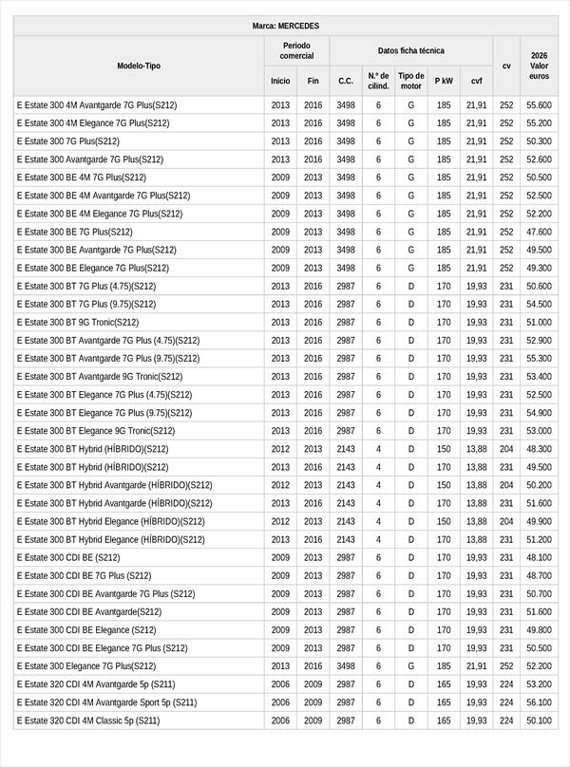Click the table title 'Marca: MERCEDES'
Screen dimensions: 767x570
pos(285,26)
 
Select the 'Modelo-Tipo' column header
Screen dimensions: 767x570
pos(139,65)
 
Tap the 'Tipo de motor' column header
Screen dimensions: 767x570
pos(410,81)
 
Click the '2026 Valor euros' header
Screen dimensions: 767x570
pos(539,65)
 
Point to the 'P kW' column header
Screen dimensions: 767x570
pos(444,81)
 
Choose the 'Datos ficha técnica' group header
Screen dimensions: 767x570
pos(410,50)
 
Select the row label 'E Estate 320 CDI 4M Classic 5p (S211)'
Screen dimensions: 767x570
pos(88,720)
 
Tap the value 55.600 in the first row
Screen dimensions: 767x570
pos(539,104)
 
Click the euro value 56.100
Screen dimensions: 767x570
pos(539,702)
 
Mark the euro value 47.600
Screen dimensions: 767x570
pos(539,232)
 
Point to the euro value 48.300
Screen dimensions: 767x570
pos(539,449)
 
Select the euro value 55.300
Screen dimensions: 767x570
pos(539,358)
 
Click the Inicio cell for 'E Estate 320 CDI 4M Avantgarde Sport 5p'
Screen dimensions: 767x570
pos(280,702)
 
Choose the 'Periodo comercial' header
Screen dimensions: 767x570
pos(296,50)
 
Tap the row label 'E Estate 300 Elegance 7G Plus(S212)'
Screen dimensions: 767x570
pos(86,666)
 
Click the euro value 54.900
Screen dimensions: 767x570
pos(539,413)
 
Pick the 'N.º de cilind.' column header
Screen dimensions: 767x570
pos(378,81)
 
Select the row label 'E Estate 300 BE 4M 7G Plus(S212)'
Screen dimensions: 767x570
pos(82,177)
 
